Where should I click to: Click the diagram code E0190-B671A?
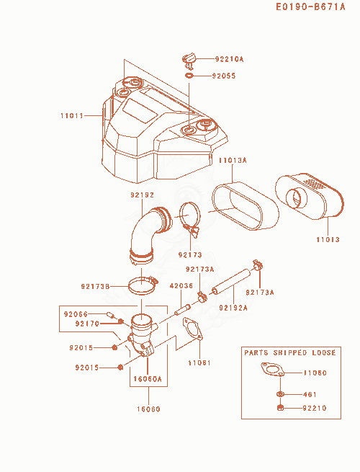[x=310, y=6]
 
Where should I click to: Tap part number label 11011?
[x=72, y=115]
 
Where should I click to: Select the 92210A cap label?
[x=229, y=59]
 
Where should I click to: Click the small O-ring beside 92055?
[x=189, y=75]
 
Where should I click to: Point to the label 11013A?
[x=233, y=160]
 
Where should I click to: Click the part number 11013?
[x=328, y=240]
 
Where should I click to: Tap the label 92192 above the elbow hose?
[x=143, y=195]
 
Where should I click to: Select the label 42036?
[x=181, y=285]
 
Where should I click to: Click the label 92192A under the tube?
[x=233, y=308]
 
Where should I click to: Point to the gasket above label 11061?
[x=192, y=329]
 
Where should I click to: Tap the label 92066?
[x=76, y=314]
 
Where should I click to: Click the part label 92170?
[x=87, y=324]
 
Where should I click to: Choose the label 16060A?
[x=148, y=379]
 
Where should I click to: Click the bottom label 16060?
[x=148, y=409]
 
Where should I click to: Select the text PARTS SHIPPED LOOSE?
[x=290, y=353]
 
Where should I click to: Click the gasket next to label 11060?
[x=272, y=370]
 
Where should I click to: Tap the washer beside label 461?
[x=280, y=394]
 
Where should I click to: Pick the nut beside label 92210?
[x=280, y=408]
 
